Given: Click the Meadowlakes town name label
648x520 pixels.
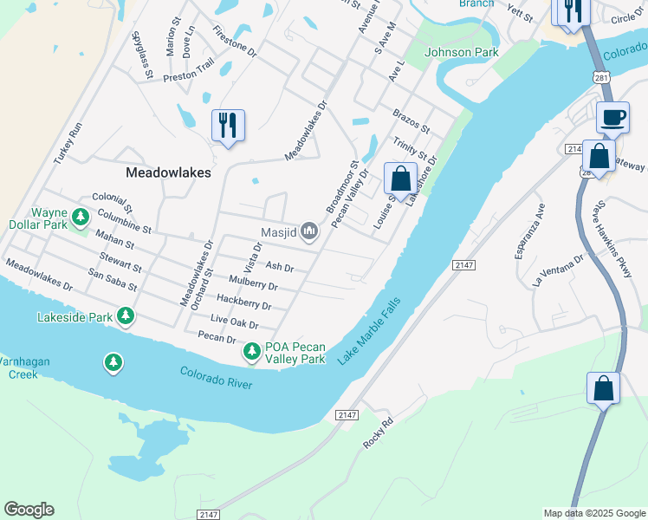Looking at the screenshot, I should click(168, 172).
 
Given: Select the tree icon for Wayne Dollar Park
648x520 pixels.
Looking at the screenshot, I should click(81, 216).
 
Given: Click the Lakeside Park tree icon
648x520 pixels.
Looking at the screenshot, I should click(126, 316).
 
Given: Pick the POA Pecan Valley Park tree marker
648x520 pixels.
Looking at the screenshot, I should click(251, 351).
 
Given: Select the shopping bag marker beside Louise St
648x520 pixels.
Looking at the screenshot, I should click(400, 179).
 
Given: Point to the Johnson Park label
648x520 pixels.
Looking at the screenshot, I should click(462, 52).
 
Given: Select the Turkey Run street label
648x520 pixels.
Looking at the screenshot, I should click(67, 144).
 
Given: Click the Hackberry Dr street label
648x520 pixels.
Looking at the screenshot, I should click(243, 302).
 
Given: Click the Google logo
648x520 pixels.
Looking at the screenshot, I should click(29, 510).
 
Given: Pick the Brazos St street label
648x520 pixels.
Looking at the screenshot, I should click(411, 120).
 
